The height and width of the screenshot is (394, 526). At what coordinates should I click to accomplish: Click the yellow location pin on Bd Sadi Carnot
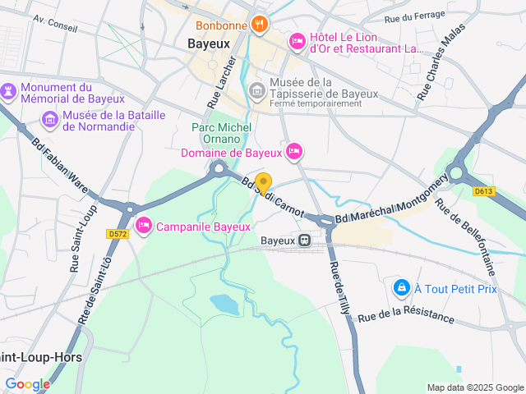[x=263, y=183]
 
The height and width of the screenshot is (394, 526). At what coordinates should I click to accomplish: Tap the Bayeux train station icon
[x=304, y=241]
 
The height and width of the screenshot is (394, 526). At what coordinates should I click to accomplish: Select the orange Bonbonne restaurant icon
[x=259, y=24]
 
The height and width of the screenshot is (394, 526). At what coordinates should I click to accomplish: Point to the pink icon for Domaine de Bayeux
[x=295, y=151]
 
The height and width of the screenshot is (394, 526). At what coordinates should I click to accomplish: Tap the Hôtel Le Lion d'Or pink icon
[x=297, y=40]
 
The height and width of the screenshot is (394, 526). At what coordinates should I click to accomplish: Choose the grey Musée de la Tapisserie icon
[x=257, y=88]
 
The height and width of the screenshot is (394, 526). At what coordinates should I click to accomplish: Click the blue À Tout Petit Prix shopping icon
[x=401, y=287]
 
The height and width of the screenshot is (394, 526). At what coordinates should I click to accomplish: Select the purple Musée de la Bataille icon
[x=50, y=121]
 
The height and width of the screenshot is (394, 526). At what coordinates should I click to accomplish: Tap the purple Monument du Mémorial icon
[x=8, y=89]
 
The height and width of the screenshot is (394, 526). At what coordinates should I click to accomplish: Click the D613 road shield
[x=483, y=191]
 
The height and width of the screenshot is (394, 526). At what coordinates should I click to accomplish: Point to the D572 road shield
[x=118, y=234]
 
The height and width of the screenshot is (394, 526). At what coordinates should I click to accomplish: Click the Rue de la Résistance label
[x=405, y=316]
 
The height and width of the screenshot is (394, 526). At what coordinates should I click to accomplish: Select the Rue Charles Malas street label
[x=441, y=62]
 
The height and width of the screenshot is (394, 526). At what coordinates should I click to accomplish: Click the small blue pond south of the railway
[x=224, y=304]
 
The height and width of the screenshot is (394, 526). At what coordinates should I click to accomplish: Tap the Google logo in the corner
[x=27, y=383]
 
